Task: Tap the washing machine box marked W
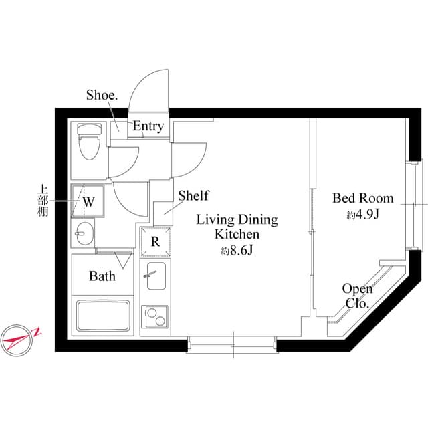[88, 199]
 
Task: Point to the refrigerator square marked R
[155, 241]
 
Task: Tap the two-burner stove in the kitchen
[155, 315]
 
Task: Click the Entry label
[147, 126]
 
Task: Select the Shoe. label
[102, 95]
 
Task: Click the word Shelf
[193, 195]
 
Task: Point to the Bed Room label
[363, 198]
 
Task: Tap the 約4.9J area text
[363, 215]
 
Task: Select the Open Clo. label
[357, 296]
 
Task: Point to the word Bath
[102, 276]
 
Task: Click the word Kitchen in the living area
[236, 235]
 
